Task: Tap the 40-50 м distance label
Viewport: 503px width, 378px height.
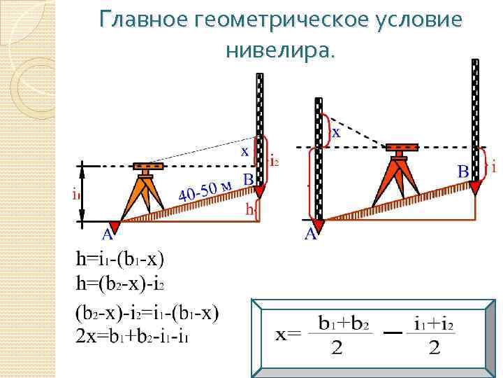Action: tap(204, 190)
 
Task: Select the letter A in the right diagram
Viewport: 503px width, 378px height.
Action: tap(312, 235)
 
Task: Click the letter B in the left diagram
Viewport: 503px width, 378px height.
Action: tap(247, 180)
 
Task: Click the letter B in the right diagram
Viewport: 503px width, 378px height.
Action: tap(463, 171)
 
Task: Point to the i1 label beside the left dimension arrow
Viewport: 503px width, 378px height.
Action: tap(75, 195)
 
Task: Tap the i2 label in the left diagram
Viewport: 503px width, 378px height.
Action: tap(275, 162)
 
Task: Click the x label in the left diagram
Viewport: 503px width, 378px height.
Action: tap(245, 150)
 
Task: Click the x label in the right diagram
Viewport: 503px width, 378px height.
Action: tap(336, 132)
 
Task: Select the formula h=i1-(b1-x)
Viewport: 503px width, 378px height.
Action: tap(120, 260)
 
